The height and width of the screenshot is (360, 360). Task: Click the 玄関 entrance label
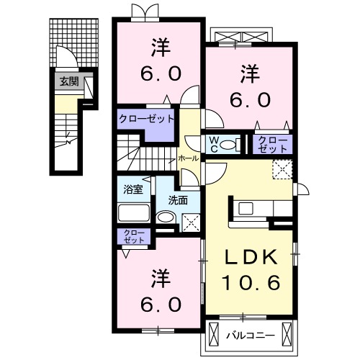(69, 81)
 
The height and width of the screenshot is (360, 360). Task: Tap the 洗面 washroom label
(177, 199)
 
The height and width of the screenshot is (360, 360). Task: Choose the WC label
(214, 143)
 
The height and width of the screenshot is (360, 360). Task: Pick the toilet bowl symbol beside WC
(228, 145)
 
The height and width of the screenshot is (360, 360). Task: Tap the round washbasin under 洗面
(166, 219)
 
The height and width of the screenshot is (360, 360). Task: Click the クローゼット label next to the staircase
(147, 119)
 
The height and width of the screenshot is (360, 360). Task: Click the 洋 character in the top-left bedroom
(159, 49)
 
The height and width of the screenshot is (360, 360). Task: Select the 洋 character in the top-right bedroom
(249, 73)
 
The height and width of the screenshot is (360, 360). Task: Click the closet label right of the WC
(272, 143)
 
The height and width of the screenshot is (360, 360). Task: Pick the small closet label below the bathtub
(132, 235)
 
